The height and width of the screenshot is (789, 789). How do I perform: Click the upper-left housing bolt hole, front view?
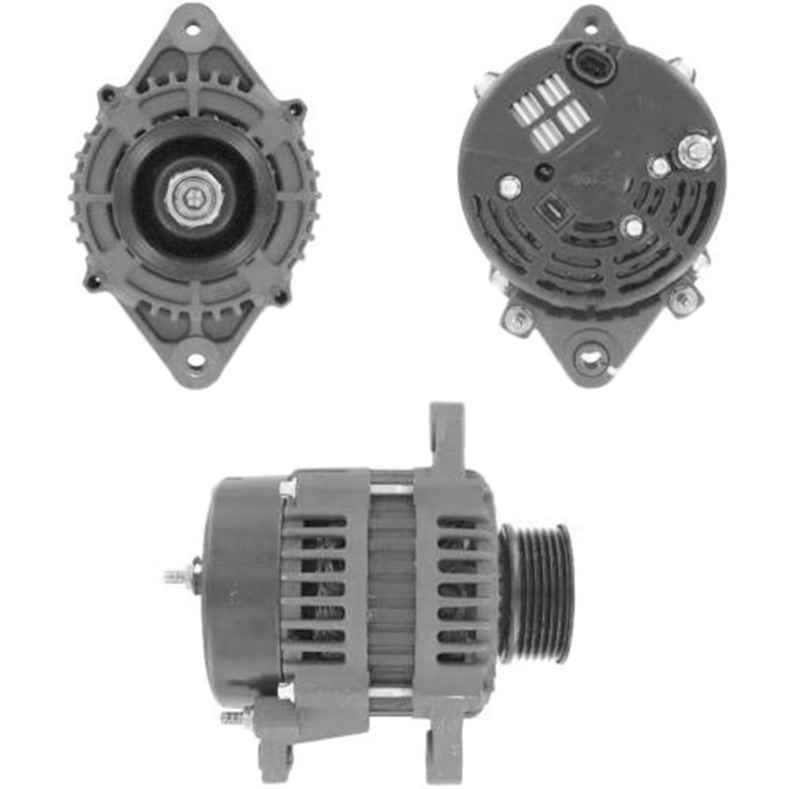[x=107, y=95]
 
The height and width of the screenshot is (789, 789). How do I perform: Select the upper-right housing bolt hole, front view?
[x=295, y=108]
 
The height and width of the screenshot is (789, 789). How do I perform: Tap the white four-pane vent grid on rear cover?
[x=550, y=114]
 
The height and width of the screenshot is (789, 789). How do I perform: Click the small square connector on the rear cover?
[x=550, y=211]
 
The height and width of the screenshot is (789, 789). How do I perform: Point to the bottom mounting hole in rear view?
[x=591, y=359]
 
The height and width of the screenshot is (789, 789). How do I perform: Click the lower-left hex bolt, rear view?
[x=519, y=317]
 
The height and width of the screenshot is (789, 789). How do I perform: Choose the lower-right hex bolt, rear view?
[x=682, y=299]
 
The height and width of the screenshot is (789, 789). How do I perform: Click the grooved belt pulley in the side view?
[x=537, y=589]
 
